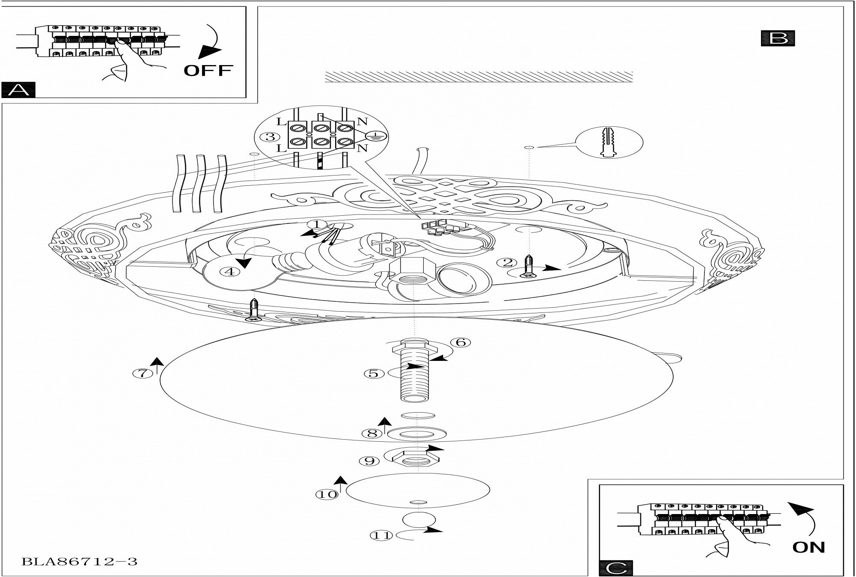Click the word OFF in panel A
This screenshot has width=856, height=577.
coord(208,70)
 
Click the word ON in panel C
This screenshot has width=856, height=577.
coord(808,547)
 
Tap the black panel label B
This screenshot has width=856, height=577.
coord(778,38)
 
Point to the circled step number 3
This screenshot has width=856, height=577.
coord(270,137)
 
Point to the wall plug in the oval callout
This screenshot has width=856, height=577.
coord(609,142)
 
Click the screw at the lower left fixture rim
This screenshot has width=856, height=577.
coord(254,311)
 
